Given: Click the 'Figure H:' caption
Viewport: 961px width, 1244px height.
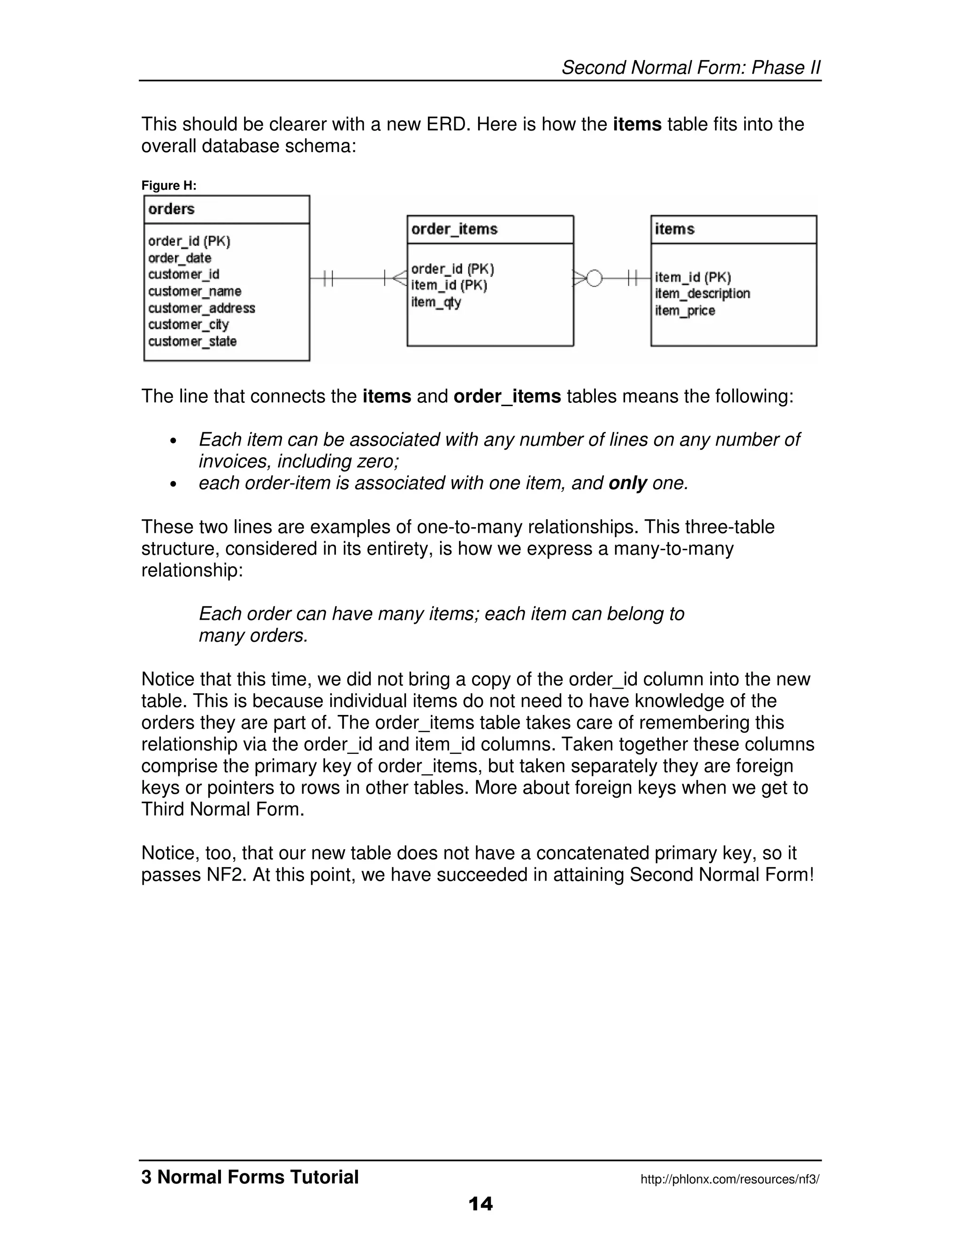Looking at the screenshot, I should [x=168, y=186].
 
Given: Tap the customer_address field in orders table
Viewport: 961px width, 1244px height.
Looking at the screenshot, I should [x=201, y=308].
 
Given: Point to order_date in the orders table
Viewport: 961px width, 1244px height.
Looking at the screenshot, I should [x=179, y=258].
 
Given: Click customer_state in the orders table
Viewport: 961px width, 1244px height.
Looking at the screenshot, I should [x=192, y=341].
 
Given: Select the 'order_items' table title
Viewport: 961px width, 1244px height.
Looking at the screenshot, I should [x=454, y=229].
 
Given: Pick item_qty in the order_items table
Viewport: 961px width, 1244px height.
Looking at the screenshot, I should [x=436, y=302].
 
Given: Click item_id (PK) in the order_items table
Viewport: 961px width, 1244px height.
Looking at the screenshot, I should [x=449, y=285].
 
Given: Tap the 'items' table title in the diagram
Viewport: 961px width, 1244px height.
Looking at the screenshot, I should [x=675, y=229].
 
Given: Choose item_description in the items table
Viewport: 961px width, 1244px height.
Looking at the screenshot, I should [x=702, y=293].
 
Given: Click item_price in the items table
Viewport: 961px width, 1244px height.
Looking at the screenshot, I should [x=685, y=310].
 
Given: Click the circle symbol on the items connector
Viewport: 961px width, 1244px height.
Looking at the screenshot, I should [x=594, y=278].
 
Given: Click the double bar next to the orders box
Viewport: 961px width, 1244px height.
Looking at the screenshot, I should [x=328, y=278].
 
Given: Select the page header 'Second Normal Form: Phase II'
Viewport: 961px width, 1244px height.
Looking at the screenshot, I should [x=691, y=68].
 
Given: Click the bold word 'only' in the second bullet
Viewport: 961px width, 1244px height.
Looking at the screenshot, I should [x=627, y=483].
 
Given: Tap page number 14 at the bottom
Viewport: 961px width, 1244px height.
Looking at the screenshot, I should [x=480, y=1204].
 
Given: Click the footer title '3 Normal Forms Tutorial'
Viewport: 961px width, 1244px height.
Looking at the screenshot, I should [x=250, y=1177].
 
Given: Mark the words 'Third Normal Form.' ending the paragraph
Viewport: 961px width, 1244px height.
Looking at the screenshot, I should [x=222, y=809].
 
